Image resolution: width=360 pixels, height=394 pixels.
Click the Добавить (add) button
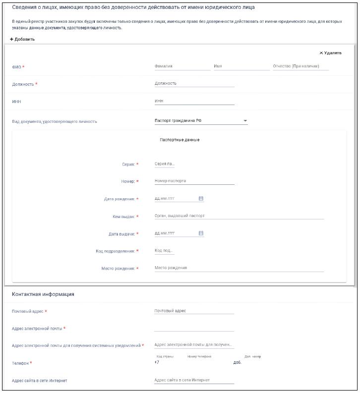tap(22, 39)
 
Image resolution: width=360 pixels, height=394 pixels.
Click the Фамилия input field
tap(182, 66)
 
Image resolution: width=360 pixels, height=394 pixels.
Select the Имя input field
tap(241, 66)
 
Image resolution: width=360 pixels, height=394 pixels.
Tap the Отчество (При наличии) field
tap(300, 66)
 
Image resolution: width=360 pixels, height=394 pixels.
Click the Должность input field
tap(194, 83)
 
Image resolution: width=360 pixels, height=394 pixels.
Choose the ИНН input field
tap(194, 101)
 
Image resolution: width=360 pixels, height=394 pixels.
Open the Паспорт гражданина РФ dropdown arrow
tap(245, 121)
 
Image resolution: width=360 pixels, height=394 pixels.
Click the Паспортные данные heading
tap(180, 140)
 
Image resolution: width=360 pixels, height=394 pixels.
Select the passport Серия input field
tap(165, 164)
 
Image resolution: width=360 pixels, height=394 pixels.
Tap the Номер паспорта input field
tap(194, 181)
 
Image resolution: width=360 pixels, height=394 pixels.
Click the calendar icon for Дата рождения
tap(201, 198)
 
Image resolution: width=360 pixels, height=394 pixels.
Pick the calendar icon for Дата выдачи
tap(201, 233)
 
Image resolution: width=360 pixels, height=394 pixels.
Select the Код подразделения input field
tap(165, 251)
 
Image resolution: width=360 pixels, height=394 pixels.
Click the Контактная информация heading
tap(43, 294)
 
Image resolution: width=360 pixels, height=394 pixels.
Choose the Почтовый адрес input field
tap(194, 311)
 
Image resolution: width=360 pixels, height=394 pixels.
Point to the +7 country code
tap(157, 362)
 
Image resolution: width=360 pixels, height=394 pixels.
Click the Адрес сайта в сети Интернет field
tap(194, 380)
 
